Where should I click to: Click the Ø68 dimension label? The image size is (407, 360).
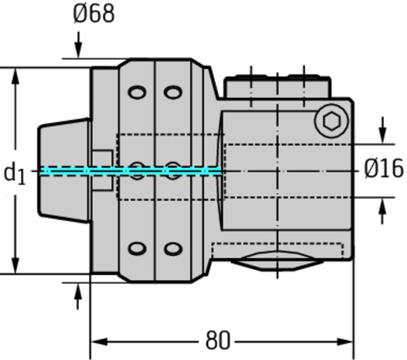[x=94, y=14]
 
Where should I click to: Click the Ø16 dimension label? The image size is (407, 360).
[x=384, y=169]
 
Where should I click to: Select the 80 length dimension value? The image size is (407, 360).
[x=218, y=341]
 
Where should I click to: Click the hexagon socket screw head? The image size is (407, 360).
[x=331, y=121]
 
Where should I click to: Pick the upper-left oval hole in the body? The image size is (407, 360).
[x=137, y=93]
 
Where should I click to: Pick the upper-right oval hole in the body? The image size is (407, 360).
[x=173, y=93]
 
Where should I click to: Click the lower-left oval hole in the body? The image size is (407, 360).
[x=137, y=249]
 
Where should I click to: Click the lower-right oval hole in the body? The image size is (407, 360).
[x=173, y=249]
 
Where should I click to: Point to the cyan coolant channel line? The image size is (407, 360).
[x=131, y=171]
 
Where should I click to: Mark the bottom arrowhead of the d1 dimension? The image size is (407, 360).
[x=16, y=265]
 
